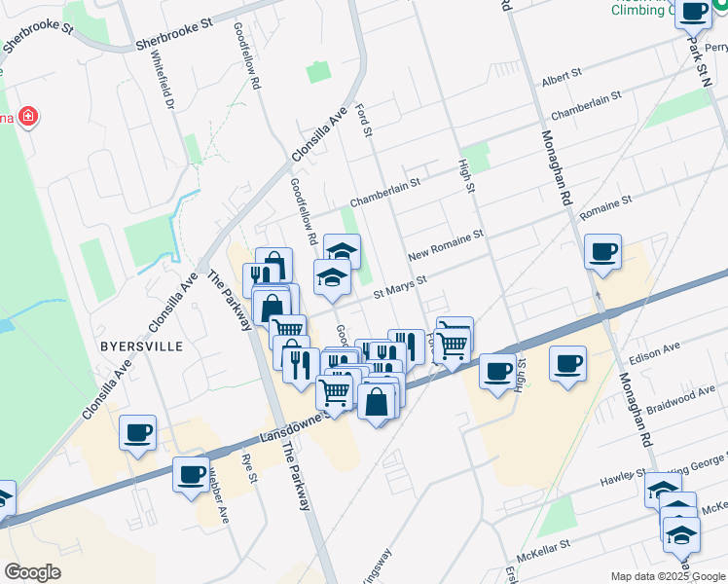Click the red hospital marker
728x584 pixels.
point(28,118)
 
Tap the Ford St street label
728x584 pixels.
point(365,121)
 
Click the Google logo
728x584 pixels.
point(32,571)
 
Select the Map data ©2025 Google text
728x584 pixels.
point(668,576)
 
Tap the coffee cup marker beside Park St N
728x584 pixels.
point(694,14)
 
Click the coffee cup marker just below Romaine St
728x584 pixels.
point(602,253)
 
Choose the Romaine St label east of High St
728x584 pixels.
point(604,205)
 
